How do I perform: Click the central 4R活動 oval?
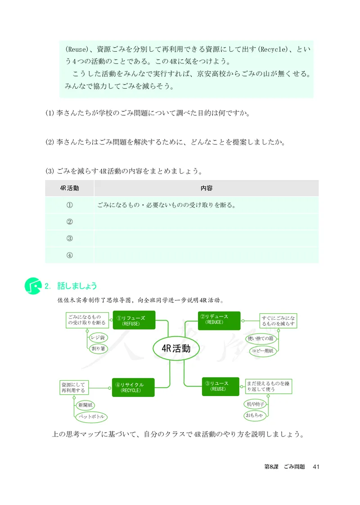pos(176,348)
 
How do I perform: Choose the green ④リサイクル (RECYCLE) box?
pos(133,387)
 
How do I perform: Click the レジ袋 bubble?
pos(98,337)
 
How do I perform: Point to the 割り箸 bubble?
pos(98,348)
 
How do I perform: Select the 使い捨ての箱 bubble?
pos(262,338)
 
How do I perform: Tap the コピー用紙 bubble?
pos(262,351)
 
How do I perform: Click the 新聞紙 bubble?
pos(86,406)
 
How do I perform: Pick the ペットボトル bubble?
pos(91,417)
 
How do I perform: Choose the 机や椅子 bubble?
pos(256,404)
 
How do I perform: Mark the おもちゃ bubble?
pos(254,415)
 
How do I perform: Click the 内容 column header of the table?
pos(206,188)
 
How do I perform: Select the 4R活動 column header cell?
pos(69,188)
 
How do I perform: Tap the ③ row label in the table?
pos(69,238)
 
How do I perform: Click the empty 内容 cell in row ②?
pos(206,221)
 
